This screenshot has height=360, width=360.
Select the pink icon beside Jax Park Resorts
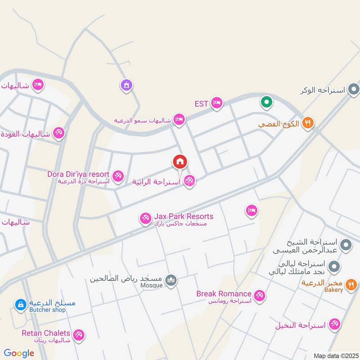coord(145,219)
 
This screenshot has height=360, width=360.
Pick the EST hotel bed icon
coord(217,103)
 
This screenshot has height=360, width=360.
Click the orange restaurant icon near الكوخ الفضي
coord(308,122)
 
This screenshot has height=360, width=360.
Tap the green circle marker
coord(266,102)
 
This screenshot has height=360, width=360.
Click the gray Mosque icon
coord(171,281)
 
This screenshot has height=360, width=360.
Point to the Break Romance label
coord(224,294)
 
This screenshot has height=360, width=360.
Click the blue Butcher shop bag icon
coord(20,305)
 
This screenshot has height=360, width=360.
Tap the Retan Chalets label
coord(46,333)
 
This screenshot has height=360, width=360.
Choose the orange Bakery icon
coord(351,284)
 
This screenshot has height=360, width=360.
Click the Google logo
coord(19,353)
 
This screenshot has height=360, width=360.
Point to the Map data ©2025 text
coord(335,355)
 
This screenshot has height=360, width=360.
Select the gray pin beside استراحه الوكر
coord(354,90)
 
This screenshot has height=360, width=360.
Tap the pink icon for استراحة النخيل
coord(334,324)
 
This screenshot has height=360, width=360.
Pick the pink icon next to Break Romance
coord(259,296)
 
